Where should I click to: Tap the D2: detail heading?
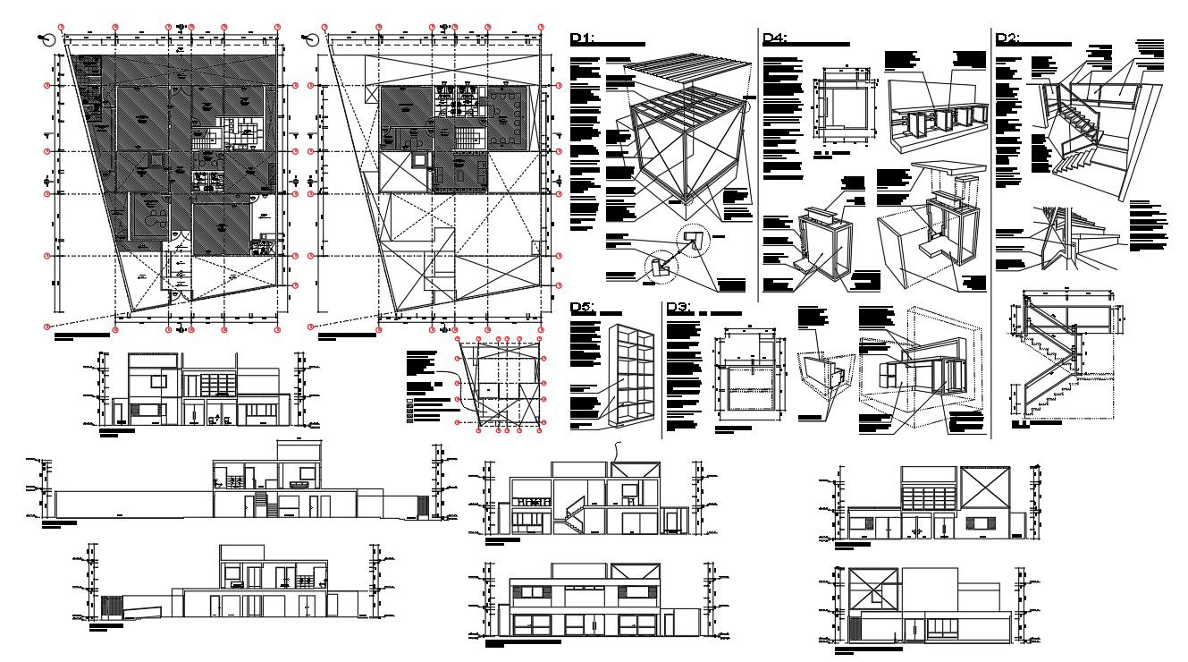[1007, 38]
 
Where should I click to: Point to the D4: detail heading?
[774, 38]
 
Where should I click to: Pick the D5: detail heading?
[582, 308]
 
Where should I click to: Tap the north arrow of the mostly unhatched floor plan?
[312, 38]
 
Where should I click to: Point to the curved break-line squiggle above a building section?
[616, 452]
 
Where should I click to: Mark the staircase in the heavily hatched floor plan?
[207, 140]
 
